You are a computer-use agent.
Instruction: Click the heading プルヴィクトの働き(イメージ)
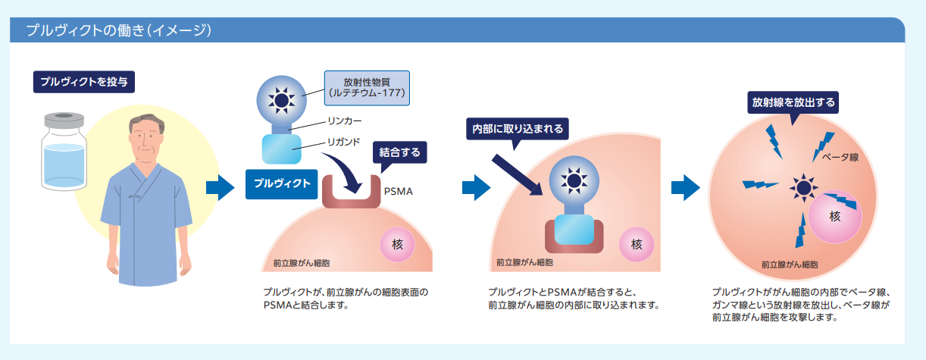[117, 31]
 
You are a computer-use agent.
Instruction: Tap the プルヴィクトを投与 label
[83, 81]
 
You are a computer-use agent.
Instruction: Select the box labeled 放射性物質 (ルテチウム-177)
[367, 88]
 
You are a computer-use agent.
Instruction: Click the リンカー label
[344, 121]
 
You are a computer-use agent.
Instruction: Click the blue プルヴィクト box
[280, 183]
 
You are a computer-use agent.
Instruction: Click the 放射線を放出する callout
[793, 102]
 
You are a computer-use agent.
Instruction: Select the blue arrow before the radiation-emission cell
[686, 188]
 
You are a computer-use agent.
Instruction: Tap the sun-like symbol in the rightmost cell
[801, 186]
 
